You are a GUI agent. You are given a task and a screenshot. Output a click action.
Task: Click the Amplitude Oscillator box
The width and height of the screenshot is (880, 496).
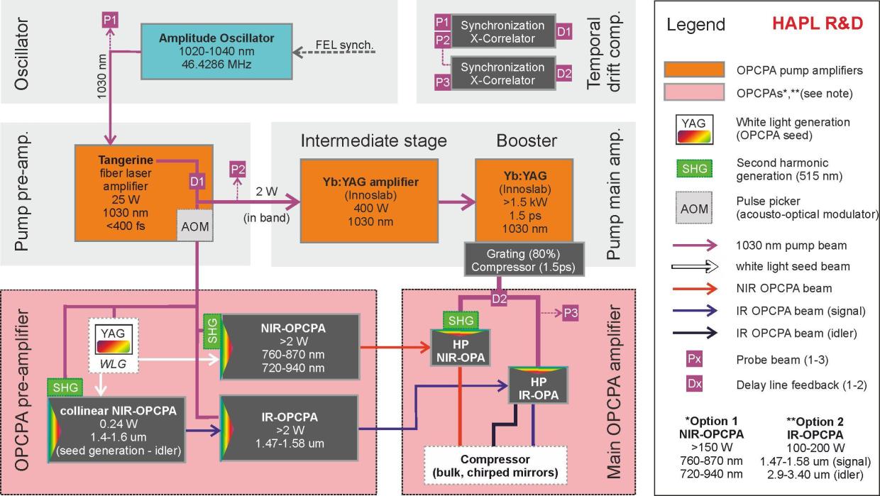(x=216, y=52)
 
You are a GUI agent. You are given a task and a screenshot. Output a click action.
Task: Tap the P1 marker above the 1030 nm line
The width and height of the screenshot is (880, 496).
(x=110, y=20)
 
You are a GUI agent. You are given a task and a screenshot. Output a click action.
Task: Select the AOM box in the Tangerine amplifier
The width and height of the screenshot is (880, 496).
(x=195, y=226)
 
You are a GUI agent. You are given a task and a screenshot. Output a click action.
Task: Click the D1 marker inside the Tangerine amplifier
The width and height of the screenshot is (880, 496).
(x=197, y=182)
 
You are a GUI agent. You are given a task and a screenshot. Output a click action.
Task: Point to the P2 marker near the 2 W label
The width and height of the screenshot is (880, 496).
(x=238, y=170)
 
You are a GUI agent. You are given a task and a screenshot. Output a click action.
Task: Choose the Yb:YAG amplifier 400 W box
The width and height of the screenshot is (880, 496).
(x=369, y=201)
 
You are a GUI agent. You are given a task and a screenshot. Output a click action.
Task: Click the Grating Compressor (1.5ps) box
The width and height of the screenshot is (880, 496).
(x=524, y=260)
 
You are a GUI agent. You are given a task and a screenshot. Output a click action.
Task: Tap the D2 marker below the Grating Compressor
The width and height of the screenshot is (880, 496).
(x=499, y=299)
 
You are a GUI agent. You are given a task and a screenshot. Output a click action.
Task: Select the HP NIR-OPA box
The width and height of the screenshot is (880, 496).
(x=461, y=348)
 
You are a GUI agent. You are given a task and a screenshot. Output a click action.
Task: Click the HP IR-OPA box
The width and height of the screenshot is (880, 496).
(x=538, y=385)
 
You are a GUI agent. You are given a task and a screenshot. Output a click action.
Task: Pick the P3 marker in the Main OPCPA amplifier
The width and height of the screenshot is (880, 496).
(x=571, y=313)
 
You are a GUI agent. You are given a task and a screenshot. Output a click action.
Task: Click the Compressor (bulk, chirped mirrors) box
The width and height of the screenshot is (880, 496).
(x=495, y=465)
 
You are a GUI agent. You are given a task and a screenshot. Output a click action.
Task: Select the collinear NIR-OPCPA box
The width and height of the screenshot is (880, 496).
(x=116, y=430)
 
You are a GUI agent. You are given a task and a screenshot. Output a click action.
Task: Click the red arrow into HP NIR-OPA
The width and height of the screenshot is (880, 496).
(x=395, y=347)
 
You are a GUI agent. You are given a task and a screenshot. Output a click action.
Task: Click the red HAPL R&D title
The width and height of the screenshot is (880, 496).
(x=818, y=23)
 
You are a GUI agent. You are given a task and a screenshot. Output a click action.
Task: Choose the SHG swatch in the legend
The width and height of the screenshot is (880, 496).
(x=695, y=168)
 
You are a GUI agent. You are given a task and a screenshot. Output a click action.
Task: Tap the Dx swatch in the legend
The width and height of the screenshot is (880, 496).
(x=694, y=384)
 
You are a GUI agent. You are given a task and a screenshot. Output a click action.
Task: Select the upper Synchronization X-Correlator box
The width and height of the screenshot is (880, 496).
(x=503, y=31)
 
